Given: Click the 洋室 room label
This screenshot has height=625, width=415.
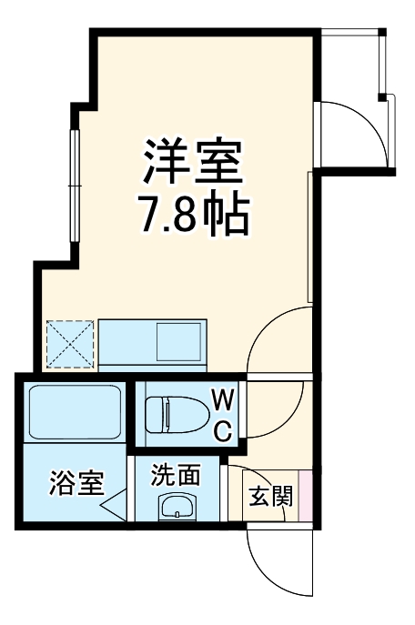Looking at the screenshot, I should (193, 161).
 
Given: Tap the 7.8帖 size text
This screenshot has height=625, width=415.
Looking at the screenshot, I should (193, 216).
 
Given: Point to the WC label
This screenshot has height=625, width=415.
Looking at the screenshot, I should (223, 415).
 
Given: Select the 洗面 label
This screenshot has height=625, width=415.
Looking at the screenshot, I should (177, 475).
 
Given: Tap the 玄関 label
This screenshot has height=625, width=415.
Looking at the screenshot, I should (271, 497).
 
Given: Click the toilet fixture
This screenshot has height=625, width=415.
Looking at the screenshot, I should (182, 415).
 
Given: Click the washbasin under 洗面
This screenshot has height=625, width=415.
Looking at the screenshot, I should (177, 508).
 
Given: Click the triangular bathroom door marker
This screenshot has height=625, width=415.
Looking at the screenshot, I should (113, 505).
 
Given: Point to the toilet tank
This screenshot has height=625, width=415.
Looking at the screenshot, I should (155, 415).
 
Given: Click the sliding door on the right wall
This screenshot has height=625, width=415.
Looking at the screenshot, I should (312, 238).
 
